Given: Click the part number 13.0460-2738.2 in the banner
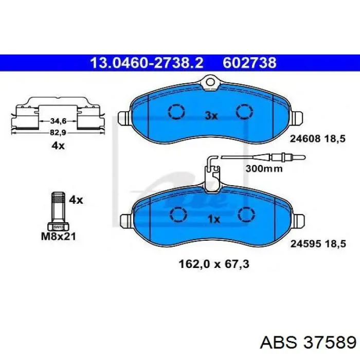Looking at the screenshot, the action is coord(147,63).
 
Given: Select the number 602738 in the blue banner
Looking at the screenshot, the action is coord(249,63).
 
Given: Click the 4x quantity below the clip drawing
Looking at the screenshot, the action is coord(58,146).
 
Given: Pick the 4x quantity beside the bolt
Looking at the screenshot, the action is coord(76,200).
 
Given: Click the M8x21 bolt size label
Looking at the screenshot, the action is coord(58,236).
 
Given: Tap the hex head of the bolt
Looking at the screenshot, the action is coord(58,227).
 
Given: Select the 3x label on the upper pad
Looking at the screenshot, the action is coord(211,116).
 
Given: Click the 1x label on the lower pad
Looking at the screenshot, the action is coord(214,220).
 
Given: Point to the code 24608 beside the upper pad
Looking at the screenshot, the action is coord(305,139).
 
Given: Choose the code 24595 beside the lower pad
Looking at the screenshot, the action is coord(305,244).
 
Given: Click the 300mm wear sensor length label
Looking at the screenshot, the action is coord(264,169).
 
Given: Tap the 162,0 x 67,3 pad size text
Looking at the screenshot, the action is coord(214,264).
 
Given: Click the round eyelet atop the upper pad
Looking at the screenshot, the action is coord(210,81).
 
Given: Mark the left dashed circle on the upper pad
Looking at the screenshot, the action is coord(176,112).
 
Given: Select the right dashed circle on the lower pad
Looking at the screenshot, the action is coord(246,214).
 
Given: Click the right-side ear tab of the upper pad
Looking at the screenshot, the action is coord(298,118).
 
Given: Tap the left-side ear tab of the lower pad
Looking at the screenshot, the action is coord(127,221).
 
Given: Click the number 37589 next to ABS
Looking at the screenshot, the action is coord(330,343).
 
